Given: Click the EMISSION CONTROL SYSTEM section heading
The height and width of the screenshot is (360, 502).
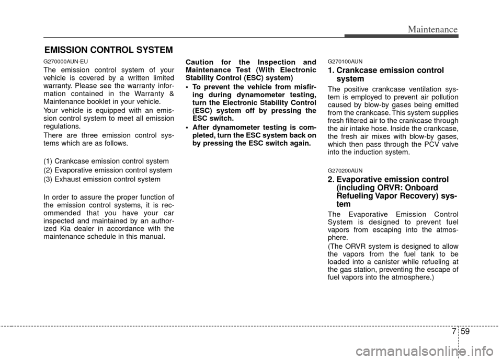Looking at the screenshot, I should [x=108, y=50].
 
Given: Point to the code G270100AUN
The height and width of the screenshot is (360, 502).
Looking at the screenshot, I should [x=345, y=62].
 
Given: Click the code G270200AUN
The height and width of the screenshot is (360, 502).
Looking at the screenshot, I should [x=345, y=170].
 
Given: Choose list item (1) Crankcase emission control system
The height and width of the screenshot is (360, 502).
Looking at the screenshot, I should [x=106, y=160].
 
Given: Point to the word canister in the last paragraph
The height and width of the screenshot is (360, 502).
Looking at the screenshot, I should [x=402, y=261].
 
